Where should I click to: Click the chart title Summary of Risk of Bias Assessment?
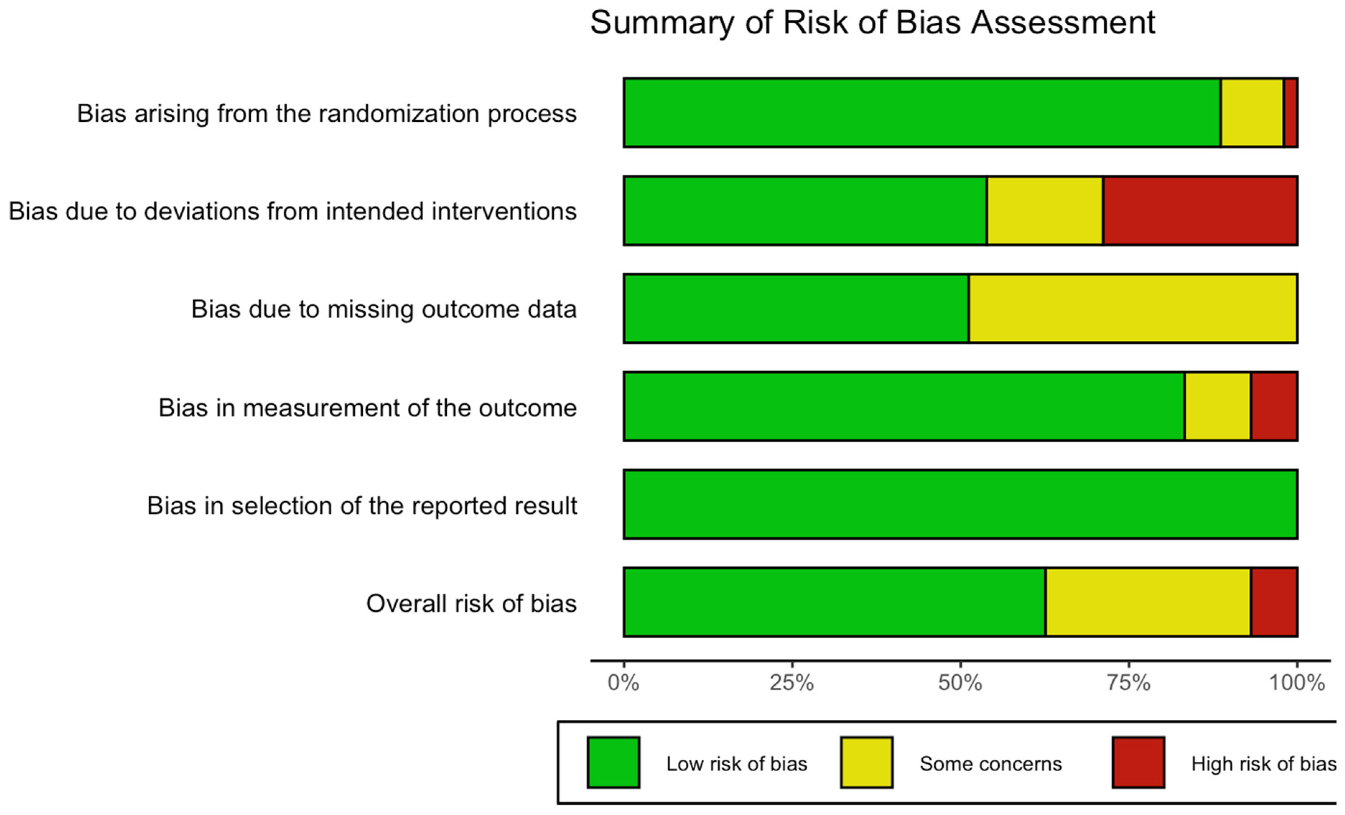pos(872,23)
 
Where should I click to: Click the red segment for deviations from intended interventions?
pos(1200,211)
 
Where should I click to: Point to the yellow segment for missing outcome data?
pos(1133,308)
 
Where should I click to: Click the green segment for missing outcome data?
pos(796,308)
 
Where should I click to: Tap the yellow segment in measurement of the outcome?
pos(1217,406)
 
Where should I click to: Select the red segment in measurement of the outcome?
pos(1274,406)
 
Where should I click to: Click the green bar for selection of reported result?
pos(960,504)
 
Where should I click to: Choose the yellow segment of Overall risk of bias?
pos(1148,602)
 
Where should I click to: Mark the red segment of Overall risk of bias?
pos(1274,602)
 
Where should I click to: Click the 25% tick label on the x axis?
pos(791,683)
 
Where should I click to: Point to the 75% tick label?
pos(1128,683)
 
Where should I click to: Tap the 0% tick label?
pos(623,683)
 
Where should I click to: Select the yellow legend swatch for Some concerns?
pos(866,763)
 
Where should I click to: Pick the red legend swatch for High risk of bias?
pos(1138,763)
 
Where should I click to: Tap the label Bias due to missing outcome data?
pos(384,309)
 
